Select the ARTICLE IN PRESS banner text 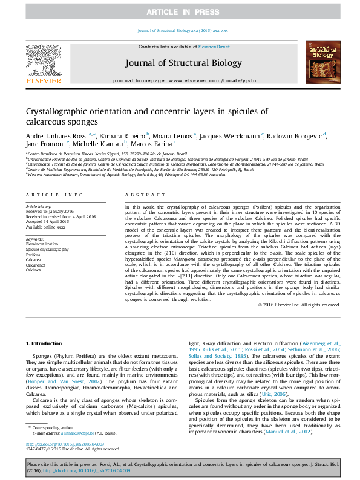tap(180, 11)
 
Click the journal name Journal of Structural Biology tap(183, 63)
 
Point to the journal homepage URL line tap(184, 80)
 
